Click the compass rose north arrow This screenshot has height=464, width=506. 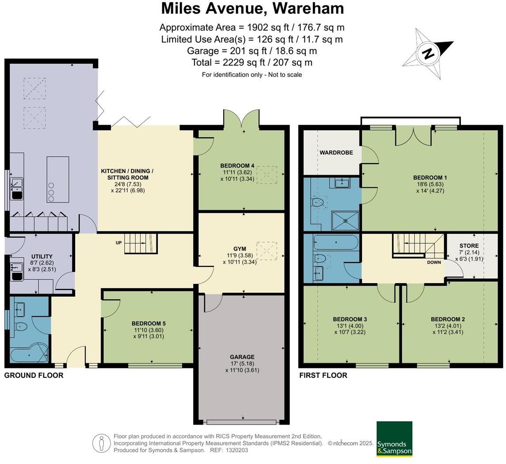(x=428, y=54)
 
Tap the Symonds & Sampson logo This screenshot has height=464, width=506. (x=394, y=439)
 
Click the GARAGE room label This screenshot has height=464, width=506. (x=242, y=357)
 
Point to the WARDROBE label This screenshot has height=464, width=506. (x=336, y=153)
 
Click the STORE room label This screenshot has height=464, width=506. (x=469, y=245)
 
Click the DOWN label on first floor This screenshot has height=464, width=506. (x=434, y=262)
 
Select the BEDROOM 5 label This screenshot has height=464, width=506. (x=148, y=323)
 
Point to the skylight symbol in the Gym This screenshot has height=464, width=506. (x=266, y=250)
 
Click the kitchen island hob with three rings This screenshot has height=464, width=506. (x=51, y=192)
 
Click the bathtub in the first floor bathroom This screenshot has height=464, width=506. (x=335, y=243)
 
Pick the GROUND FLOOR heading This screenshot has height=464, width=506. (x=34, y=376)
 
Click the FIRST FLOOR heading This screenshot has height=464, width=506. (x=323, y=376)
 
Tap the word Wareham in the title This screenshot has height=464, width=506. (x=308, y=8)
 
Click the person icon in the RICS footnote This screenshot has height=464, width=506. (x=101, y=443)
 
